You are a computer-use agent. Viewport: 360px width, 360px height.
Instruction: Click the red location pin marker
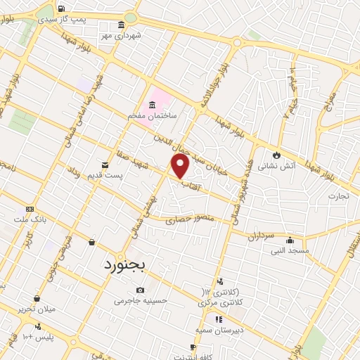pyautogui.click(x=181, y=166)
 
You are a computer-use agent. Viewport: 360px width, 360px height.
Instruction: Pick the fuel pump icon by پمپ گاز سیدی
pyautogui.click(x=62, y=8)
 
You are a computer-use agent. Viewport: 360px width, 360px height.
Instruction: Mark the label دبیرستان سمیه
pyautogui.click(x=219, y=328)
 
